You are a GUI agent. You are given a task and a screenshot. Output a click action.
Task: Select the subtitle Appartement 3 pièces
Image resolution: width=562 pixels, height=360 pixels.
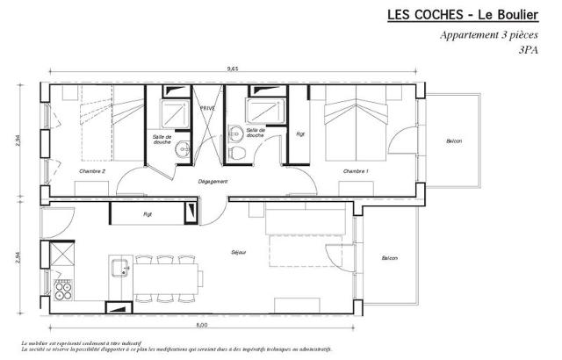point(488,36)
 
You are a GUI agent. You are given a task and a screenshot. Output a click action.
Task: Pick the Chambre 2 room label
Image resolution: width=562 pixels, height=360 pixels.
point(92,171)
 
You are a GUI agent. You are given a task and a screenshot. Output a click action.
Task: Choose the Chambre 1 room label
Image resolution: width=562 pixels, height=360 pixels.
point(356,171)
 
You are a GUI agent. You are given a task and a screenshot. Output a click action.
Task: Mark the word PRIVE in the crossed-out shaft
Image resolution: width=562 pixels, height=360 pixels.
point(208,108)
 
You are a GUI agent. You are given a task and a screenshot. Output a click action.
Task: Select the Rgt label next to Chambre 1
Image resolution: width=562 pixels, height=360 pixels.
point(300,134)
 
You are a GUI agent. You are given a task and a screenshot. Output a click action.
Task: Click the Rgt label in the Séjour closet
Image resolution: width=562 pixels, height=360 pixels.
point(148,213)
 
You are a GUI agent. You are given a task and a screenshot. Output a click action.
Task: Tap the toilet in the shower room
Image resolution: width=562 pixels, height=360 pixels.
point(236,153)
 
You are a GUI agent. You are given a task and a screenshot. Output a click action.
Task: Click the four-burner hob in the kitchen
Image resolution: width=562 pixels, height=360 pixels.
point(63,285)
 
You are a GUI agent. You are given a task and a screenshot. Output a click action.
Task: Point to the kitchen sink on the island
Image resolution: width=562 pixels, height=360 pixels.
point(120,267)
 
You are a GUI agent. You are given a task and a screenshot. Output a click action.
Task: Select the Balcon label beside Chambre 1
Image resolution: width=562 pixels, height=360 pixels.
point(454,141)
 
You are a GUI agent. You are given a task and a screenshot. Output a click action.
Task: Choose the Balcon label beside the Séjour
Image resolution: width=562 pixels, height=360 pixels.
point(389,258)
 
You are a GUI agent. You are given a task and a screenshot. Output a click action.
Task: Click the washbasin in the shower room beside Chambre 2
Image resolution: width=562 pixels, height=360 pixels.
point(183,148)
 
